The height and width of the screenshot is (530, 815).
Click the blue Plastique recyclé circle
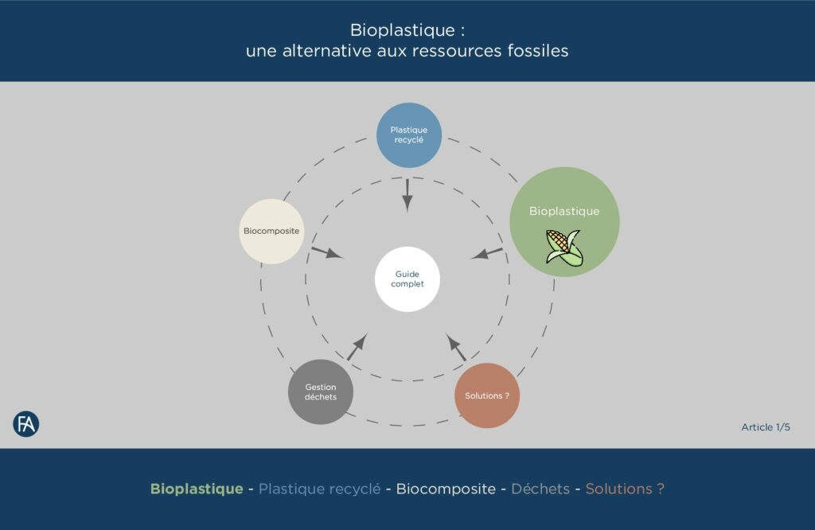click(x=408, y=135)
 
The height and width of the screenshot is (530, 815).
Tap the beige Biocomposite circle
click(x=271, y=232)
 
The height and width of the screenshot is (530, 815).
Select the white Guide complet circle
click(x=407, y=279)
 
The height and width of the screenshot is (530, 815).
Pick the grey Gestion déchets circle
click(x=321, y=392)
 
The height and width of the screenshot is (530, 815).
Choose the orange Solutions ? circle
click(x=487, y=396)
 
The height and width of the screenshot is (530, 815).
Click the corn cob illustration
click(x=563, y=247)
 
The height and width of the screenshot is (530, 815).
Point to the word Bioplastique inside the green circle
click(x=564, y=212)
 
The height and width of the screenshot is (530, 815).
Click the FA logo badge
click(x=26, y=424)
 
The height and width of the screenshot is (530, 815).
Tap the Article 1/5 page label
click(x=766, y=427)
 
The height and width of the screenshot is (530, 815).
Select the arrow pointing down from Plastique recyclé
click(x=407, y=195)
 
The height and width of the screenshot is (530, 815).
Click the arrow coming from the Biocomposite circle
click(x=326, y=253)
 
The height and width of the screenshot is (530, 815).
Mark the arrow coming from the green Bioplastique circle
click(x=487, y=253)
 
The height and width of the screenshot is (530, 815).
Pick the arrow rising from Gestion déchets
click(x=357, y=346)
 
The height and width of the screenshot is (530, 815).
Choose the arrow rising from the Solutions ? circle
click(x=457, y=347)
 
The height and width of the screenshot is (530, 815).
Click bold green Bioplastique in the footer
click(x=197, y=489)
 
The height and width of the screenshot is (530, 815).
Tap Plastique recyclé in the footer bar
click(x=320, y=489)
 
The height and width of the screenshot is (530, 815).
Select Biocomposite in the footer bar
click(x=446, y=489)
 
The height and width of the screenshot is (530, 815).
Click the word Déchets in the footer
click(x=540, y=489)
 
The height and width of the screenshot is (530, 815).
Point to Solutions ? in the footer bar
click(x=625, y=489)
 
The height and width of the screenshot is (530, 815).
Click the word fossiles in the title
click(x=538, y=50)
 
